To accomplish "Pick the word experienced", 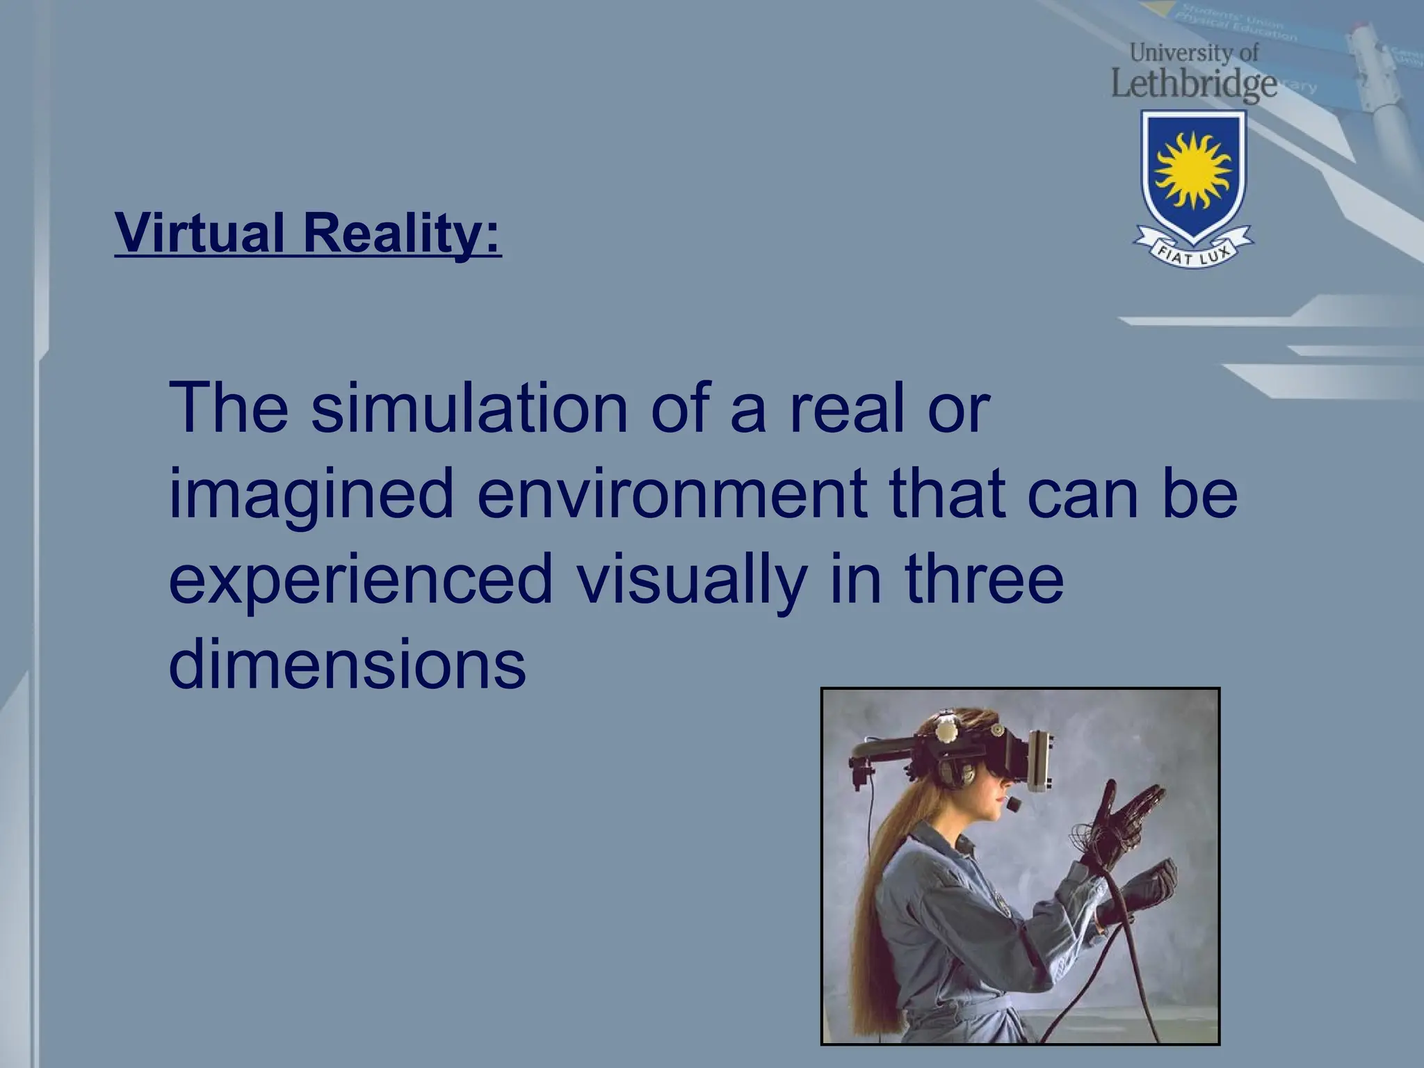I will click(360, 579).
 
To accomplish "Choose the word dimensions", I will click(347, 663).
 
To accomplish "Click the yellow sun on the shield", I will click(1192, 170).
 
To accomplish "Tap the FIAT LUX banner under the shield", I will click(1193, 251).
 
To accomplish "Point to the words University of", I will click(1195, 52).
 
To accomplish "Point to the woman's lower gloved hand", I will click(1140, 890).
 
